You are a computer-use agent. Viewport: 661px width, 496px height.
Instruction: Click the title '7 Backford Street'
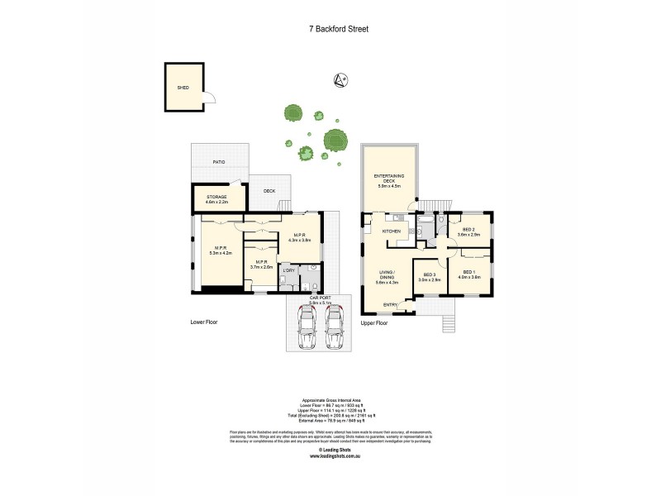[334, 28]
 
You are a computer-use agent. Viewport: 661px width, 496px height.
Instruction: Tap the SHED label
[183, 87]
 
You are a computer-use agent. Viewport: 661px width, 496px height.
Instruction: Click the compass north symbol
[338, 79]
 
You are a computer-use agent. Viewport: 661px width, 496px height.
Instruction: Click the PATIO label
[219, 162]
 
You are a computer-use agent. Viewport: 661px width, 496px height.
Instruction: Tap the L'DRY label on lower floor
[288, 269]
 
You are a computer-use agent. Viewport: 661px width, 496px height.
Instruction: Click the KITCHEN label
[392, 231]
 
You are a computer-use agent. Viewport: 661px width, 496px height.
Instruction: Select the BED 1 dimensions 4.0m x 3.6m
[471, 278]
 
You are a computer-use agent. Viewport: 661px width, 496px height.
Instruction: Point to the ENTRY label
[390, 305]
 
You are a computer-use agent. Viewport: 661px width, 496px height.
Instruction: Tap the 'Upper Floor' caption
[374, 322]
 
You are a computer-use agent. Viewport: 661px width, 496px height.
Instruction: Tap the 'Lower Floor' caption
[202, 322]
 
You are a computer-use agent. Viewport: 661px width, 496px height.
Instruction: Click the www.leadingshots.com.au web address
[335, 455]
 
